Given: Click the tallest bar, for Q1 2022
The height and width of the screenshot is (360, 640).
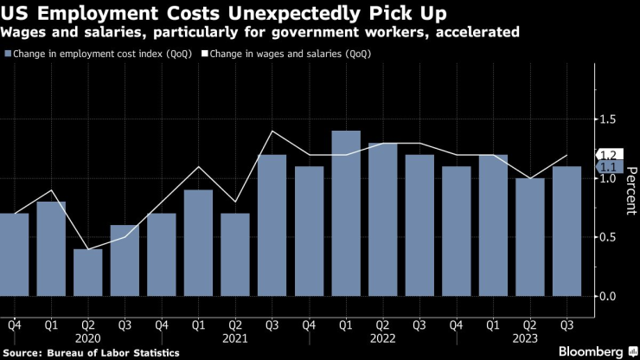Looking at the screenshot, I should [346, 214].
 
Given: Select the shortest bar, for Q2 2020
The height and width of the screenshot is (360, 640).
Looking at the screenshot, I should [87, 273].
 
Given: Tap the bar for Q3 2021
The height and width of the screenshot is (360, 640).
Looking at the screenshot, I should [272, 225].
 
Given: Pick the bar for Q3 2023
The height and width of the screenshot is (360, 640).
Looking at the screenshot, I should [567, 231].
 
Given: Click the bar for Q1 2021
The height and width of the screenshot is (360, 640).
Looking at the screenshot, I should [198, 243].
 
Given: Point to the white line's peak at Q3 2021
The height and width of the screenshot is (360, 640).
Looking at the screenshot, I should [272, 132].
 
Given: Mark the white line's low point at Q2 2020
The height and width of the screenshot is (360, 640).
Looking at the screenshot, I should [87, 249].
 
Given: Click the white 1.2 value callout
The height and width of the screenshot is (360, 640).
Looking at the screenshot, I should [611, 155].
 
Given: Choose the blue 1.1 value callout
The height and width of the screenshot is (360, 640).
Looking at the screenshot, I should [611, 166].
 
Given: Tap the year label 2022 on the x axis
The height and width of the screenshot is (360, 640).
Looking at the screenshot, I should [383, 339].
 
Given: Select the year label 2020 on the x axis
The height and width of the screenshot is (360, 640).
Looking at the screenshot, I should [87, 339].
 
